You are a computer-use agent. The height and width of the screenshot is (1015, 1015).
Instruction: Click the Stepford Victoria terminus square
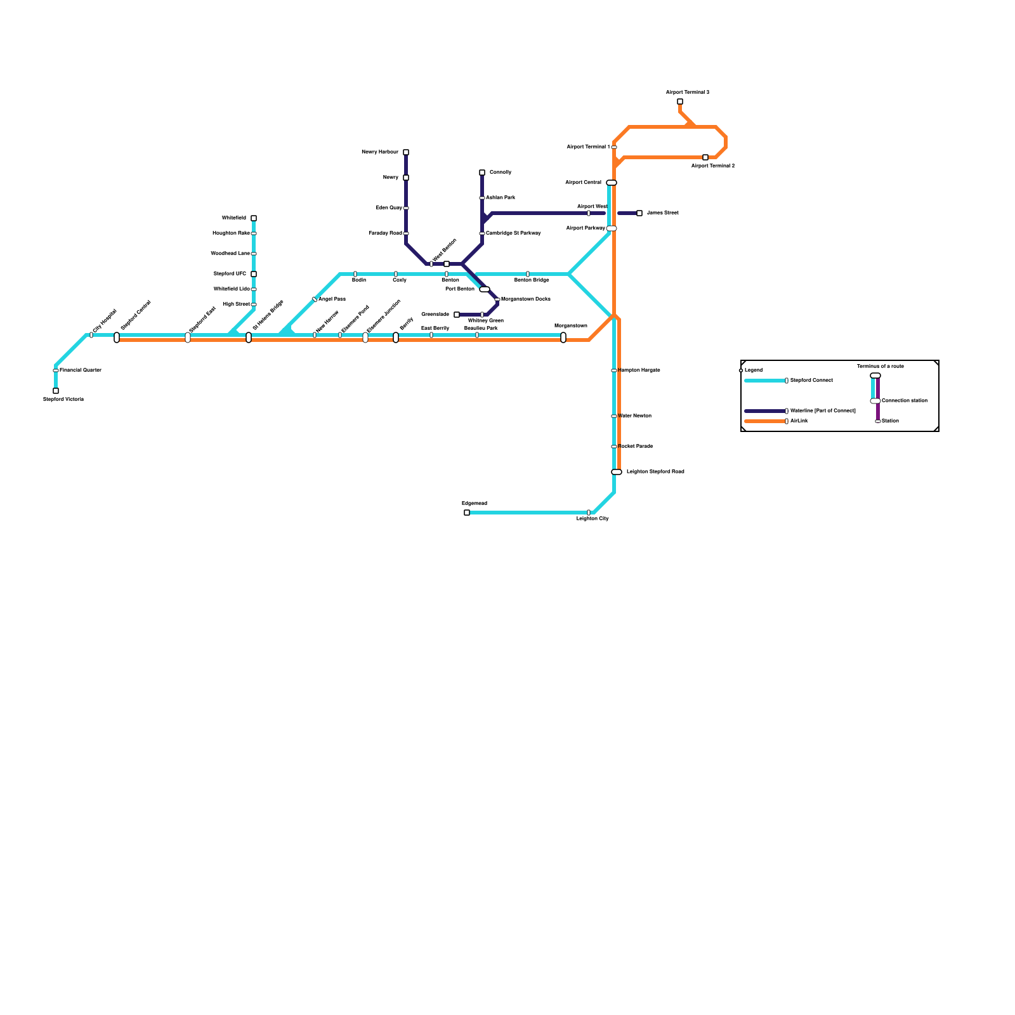pyautogui.click(x=56, y=391)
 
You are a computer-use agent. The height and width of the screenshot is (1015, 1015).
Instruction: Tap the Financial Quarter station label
pyautogui.click(x=81, y=370)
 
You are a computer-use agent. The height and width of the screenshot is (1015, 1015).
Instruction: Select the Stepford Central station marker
pyautogui.click(x=117, y=337)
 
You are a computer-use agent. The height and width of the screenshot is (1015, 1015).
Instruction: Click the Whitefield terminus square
pyautogui.click(x=254, y=218)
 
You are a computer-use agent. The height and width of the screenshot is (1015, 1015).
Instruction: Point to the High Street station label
pyautogui.click(x=237, y=304)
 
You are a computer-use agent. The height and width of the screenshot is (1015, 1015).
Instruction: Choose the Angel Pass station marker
pyautogui.click(x=315, y=299)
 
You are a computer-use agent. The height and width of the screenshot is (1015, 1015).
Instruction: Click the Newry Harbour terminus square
pyautogui.click(x=406, y=152)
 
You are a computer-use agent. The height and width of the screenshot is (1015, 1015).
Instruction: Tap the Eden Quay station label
pyautogui.click(x=389, y=207)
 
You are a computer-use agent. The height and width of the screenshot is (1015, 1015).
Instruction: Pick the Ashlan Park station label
pyautogui.click(x=501, y=197)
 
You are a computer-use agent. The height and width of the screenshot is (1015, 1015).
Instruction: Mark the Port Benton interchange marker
pyautogui.click(x=485, y=289)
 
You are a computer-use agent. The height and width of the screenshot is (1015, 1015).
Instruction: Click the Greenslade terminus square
pyautogui.click(x=457, y=315)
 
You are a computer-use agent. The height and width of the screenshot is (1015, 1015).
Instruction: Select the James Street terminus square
pyautogui.click(x=639, y=213)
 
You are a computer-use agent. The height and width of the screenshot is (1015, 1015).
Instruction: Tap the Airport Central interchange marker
pyautogui.click(x=612, y=183)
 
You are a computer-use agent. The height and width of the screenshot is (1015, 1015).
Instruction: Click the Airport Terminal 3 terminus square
pyautogui.click(x=680, y=101)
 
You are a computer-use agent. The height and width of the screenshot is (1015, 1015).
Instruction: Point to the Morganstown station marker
pyautogui.click(x=563, y=337)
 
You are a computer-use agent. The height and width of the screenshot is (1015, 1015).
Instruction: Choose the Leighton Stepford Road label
pyautogui.click(x=655, y=471)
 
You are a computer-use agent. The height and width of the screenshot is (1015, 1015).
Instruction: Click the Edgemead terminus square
pyautogui.click(x=467, y=513)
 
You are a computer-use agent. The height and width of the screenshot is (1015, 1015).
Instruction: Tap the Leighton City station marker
pyautogui.click(x=589, y=513)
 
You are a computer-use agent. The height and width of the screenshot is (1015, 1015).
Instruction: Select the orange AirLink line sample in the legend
pyautogui.click(x=764, y=421)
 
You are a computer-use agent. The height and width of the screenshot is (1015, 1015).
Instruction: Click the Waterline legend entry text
pyautogui.click(x=823, y=410)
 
